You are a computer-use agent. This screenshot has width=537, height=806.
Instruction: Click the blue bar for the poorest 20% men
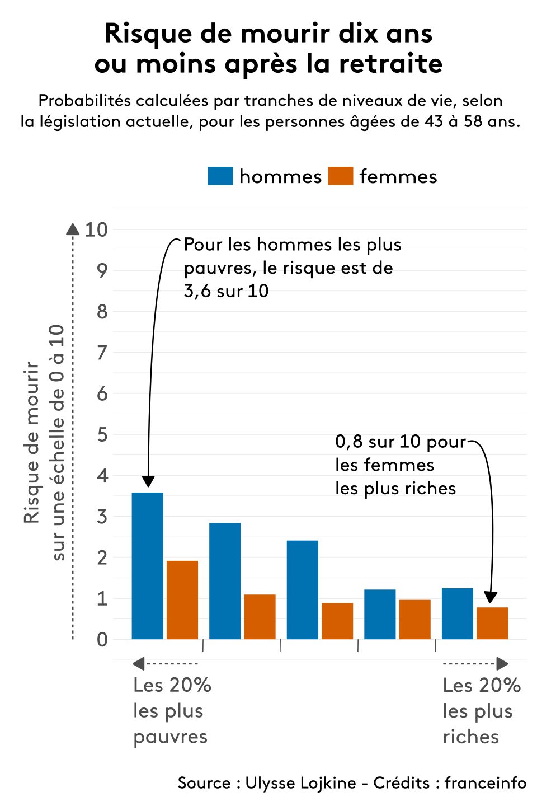pyautogui.click(x=147, y=565)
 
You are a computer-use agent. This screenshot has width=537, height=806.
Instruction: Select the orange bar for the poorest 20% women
pyautogui.click(x=182, y=599)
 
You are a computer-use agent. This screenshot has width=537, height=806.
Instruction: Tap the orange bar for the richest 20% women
pyautogui.click(x=492, y=623)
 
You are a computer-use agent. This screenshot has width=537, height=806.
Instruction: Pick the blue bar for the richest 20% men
pyautogui.click(x=457, y=613)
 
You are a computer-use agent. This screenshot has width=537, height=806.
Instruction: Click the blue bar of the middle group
pyautogui.click(x=302, y=589)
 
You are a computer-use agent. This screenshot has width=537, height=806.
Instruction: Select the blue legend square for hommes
pyautogui.click(x=220, y=176)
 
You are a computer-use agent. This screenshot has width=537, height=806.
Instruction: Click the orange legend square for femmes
pyautogui.click(x=340, y=176)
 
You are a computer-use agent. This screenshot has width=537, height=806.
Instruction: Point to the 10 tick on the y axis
pyautogui.click(x=96, y=229)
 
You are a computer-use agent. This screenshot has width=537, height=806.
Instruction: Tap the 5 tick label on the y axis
pyautogui.click(x=102, y=434)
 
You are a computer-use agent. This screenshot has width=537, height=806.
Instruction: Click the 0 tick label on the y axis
pyautogui.click(x=102, y=639)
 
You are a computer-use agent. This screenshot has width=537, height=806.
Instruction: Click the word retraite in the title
pyautogui.click(x=390, y=64)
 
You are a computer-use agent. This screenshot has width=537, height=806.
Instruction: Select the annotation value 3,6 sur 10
pyautogui.click(x=226, y=291)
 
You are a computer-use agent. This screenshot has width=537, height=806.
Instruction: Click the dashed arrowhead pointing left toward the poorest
pyautogui.click(x=138, y=664)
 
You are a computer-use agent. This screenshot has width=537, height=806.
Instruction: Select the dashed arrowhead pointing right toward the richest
pyautogui.click(x=502, y=664)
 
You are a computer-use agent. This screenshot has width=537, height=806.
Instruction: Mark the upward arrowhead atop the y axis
pyautogui.click(x=73, y=229)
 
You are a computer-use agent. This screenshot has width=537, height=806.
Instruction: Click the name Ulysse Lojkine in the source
pyautogui.click(x=300, y=782)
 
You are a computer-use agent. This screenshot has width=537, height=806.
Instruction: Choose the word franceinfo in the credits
pyautogui.click(x=485, y=782)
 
